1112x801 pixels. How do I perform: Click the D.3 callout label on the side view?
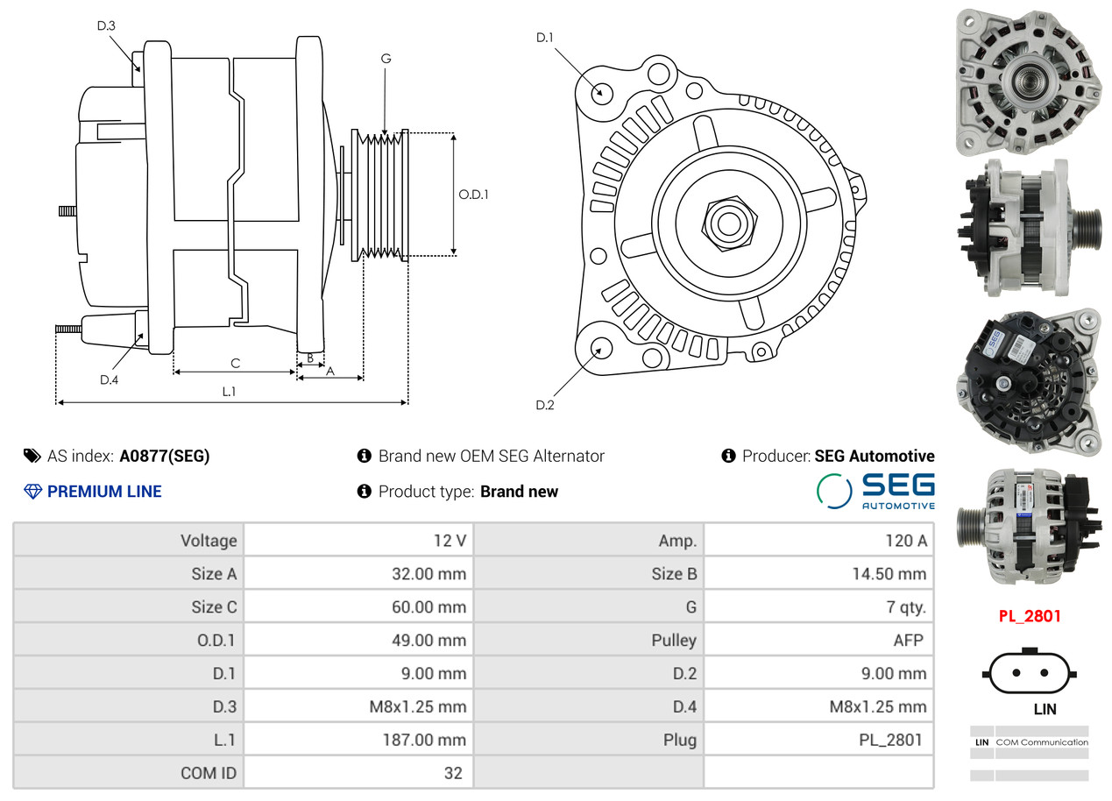tap(106, 25)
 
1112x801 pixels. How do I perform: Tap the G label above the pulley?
tap(386, 59)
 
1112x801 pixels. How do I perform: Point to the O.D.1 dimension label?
tap(473, 194)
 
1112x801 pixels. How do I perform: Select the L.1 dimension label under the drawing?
tap(229, 392)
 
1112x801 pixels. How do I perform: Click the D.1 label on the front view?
tap(545, 37)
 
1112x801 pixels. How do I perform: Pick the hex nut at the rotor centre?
tap(726, 223)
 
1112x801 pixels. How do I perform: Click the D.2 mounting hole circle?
tap(600, 348)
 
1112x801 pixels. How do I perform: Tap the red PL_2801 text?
tap(1030, 616)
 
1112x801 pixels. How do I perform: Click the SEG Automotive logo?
tap(875, 491)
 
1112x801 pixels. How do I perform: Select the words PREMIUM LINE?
tap(104, 492)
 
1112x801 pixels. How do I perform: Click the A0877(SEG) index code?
tap(165, 456)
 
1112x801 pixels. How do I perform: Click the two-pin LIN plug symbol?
tap(1031, 673)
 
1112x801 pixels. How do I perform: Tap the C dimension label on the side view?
tap(235, 363)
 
